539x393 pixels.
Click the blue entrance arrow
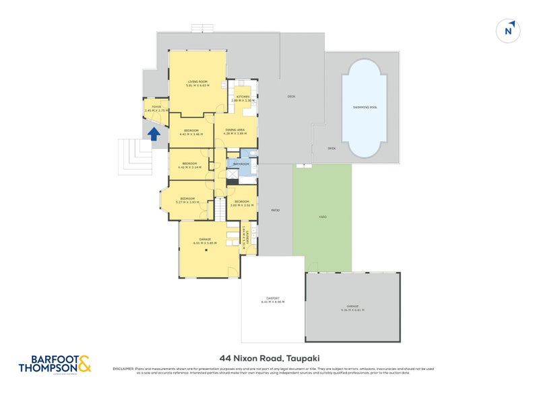(x=154, y=134)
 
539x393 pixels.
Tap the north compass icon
(x=510, y=30)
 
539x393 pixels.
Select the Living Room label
(x=198, y=83)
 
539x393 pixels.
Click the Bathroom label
(x=241, y=164)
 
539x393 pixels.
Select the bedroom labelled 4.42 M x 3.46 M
(x=191, y=132)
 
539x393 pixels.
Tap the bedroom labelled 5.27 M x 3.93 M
(x=185, y=200)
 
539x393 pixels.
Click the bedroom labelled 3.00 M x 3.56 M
(x=241, y=203)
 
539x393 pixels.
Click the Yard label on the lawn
(x=322, y=217)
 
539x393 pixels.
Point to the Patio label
(x=275, y=211)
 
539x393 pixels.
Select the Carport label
(x=273, y=299)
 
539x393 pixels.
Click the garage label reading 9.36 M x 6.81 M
(x=353, y=308)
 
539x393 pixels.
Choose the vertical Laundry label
(x=248, y=237)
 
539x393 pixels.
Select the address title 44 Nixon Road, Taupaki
(x=269, y=359)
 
